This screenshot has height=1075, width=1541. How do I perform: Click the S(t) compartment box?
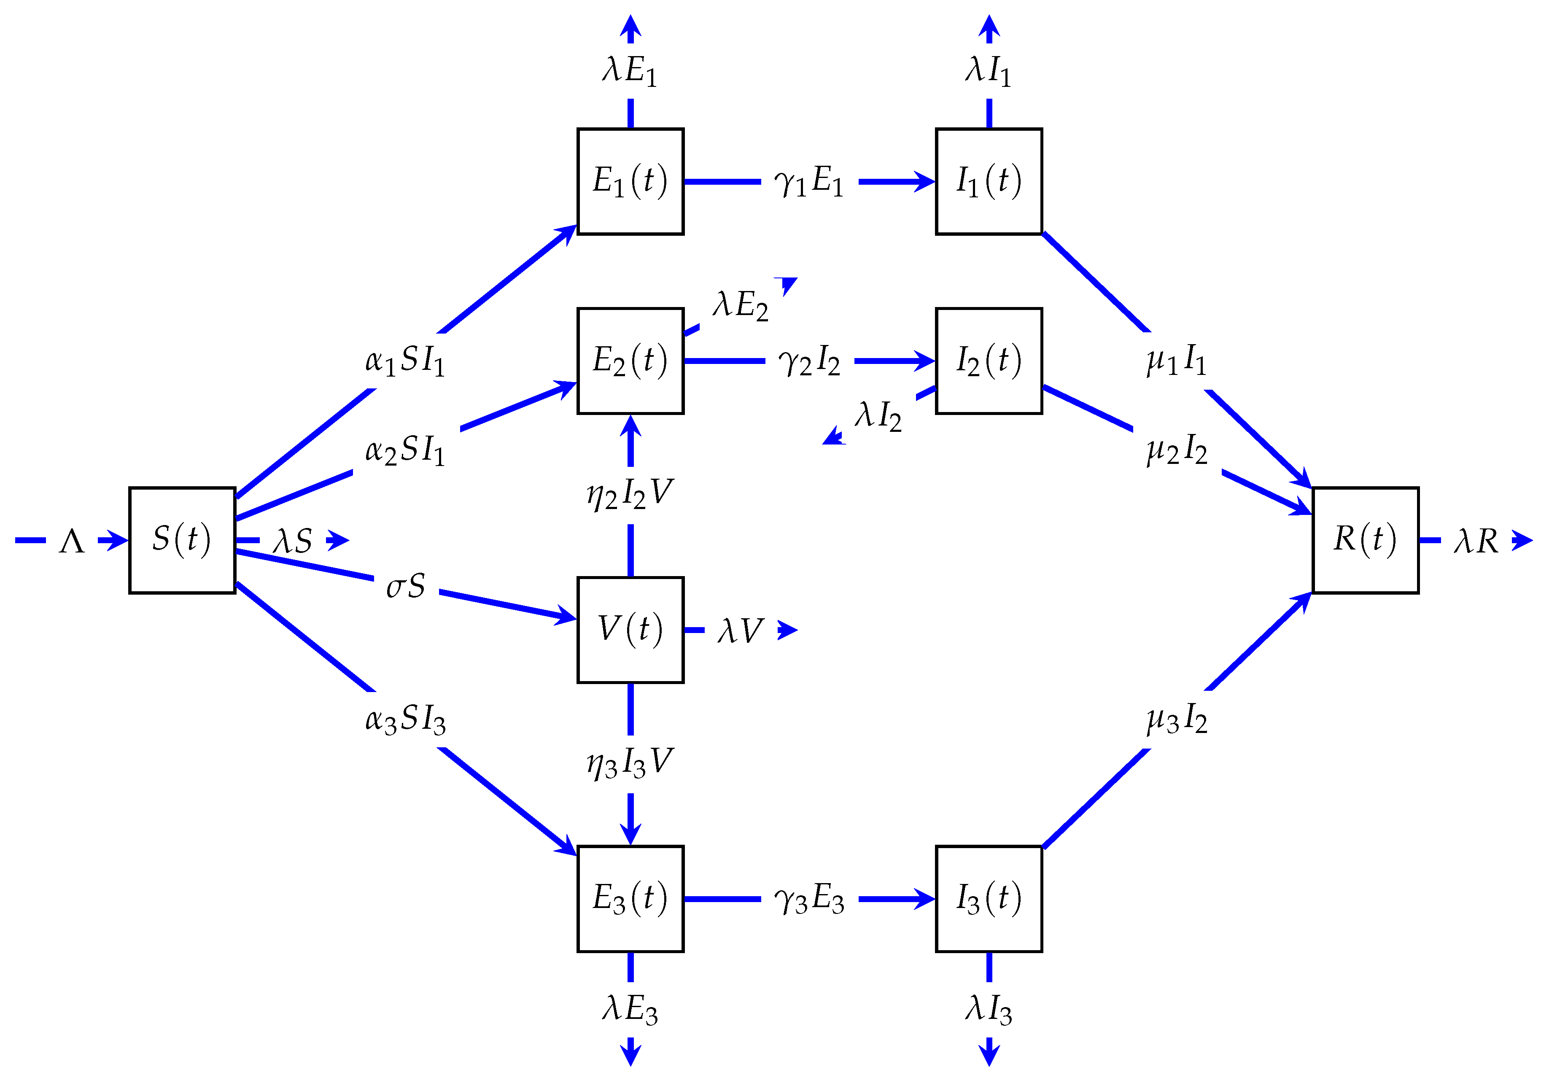(182, 540)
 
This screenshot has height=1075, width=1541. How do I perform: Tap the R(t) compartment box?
(1365, 540)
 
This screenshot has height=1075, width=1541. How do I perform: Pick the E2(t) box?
(630, 361)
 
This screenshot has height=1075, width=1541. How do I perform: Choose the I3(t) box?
(989, 899)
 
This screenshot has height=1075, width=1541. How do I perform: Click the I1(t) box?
(989, 181)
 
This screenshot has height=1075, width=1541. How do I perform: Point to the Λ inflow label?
(72, 541)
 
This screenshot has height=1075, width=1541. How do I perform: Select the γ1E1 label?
(809, 182)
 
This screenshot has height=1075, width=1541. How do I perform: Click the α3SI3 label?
(405, 720)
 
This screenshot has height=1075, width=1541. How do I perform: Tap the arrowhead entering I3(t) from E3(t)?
(927, 899)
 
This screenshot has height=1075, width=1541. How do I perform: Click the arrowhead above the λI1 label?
(989, 25)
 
